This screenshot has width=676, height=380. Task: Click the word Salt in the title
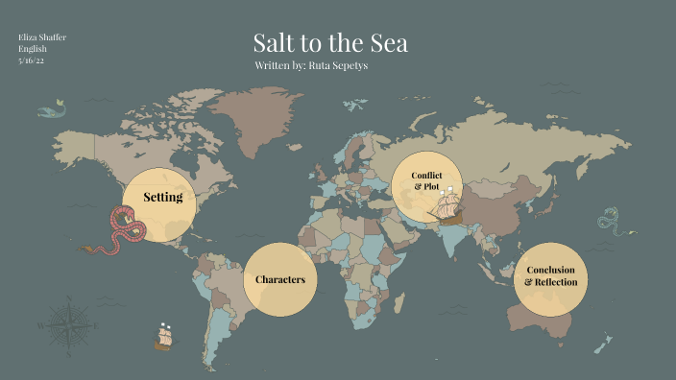click(x=275, y=43)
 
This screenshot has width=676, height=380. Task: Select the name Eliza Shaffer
click(x=42, y=36)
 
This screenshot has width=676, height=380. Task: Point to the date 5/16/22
click(x=33, y=59)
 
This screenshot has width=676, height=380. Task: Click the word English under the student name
click(x=35, y=48)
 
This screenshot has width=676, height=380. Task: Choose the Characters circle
click(x=280, y=279)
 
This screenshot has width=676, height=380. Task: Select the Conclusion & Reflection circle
click(x=551, y=276)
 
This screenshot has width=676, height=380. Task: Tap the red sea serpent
click(x=127, y=231)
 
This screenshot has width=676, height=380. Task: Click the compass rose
click(x=67, y=322)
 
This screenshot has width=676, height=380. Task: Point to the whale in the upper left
click(x=50, y=108)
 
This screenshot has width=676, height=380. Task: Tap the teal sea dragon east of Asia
click(x=610, y=221)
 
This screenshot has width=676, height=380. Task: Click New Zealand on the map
click(x=602, y=340)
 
